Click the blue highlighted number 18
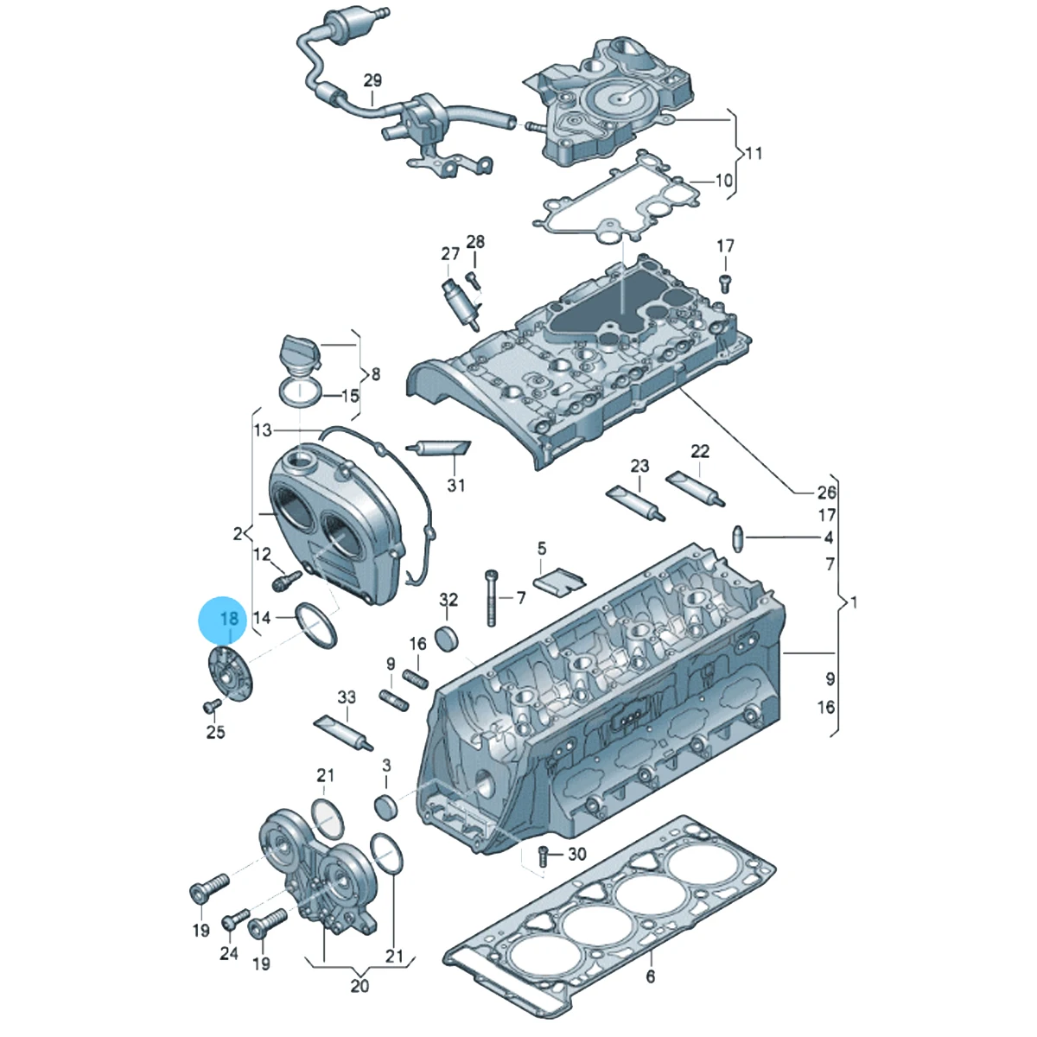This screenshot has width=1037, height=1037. tap(229, 619)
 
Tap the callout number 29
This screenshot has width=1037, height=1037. tap(372, 80)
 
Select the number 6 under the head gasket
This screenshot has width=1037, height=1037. tap(651, 977)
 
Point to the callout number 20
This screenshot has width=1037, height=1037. tap(359, 1002)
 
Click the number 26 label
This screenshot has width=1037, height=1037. tap(827, 492)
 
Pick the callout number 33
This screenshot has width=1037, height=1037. tap(347, 697)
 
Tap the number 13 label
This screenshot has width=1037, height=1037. tap(264, 430)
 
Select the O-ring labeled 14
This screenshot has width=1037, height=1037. tap(316, 625)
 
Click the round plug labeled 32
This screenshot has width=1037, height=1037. tap(448, 639)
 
